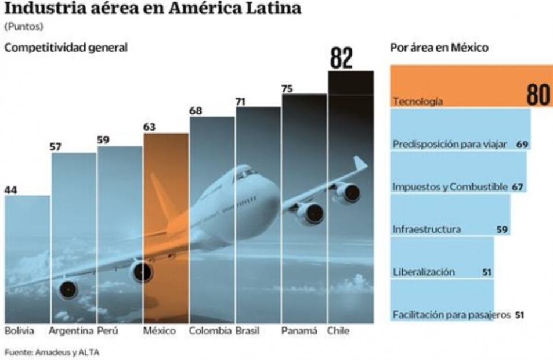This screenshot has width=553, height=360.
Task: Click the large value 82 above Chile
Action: tap(341, 58)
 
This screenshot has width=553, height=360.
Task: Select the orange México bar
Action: tap(166, 226)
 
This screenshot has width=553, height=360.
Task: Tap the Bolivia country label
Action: tap(19, 332)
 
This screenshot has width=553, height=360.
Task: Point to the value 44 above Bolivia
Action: tap(12, 189)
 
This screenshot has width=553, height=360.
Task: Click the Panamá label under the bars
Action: tap(299, 332)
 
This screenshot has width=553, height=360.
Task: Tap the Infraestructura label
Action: tap(427, 229)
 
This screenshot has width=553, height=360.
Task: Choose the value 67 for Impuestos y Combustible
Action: tap(518, 187)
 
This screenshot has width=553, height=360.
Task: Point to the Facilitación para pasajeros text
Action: tap(451, 315)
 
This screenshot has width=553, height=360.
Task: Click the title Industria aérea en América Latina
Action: tap(153, 9)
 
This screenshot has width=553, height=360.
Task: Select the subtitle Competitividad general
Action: tap(66, 48)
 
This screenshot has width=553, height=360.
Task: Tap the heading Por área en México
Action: tap(439, 48)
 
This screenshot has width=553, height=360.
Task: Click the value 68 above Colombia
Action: tap(196, 111)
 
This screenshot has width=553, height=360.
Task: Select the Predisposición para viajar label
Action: tap(450, 144)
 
